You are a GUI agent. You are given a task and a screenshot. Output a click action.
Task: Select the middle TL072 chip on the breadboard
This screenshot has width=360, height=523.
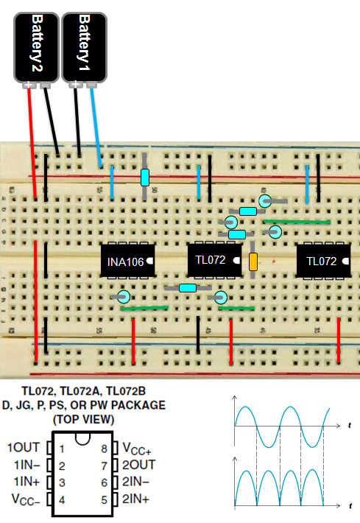(214, 259)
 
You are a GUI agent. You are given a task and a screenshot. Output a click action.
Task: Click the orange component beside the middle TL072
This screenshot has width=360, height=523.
(253, 261)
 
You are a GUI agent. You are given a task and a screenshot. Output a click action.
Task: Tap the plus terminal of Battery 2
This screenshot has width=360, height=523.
(29, 85)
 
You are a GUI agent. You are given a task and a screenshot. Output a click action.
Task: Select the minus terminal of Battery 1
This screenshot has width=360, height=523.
(91, 85)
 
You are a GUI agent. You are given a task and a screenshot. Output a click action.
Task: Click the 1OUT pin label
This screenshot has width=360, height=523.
(25, 448)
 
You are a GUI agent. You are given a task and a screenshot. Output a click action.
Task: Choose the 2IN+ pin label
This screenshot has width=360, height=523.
(137, 499)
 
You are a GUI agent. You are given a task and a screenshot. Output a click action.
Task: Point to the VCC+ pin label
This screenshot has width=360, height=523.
(138, 448)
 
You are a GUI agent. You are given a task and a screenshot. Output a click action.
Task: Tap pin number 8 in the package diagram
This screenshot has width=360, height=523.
(105, 448)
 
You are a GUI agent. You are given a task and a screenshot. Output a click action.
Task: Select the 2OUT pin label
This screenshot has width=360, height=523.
(139, 466)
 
